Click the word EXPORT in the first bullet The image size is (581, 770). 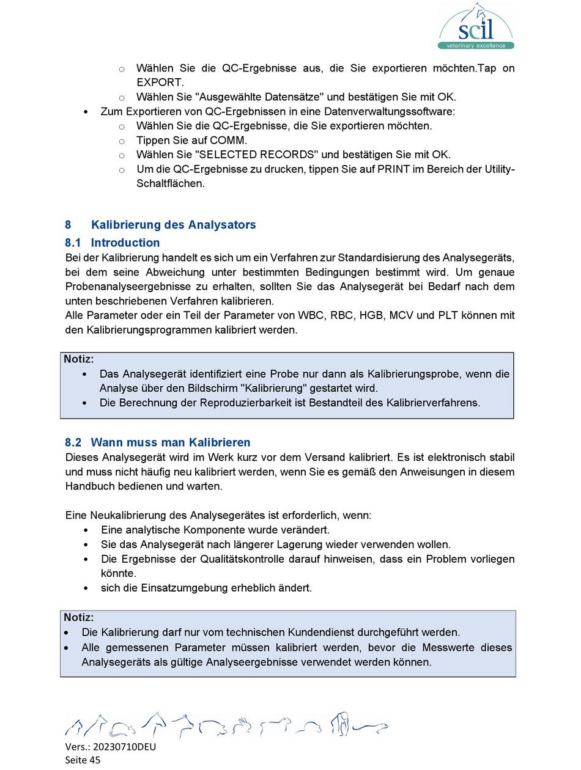tap(159, 82)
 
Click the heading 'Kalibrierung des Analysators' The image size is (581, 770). tap(173, 225)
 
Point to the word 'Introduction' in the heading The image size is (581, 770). tap(125, 243)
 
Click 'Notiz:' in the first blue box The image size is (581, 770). tap(79, 359)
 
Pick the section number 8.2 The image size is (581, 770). tap(73, 442)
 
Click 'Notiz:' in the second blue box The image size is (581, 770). tap(79, 618)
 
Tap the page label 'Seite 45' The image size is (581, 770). tap(83, 760)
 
